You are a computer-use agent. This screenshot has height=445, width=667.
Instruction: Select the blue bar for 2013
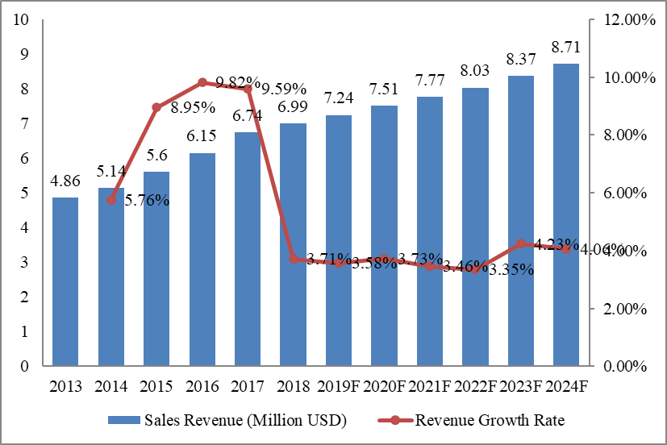click(65, 281)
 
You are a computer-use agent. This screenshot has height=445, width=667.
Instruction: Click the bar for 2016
click(202, 259)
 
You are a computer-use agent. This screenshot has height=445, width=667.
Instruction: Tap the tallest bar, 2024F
click(565, 214)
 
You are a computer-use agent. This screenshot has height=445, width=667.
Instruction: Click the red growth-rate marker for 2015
click(156, 107)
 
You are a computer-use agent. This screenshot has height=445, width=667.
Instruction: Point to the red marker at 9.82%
click(202, 82)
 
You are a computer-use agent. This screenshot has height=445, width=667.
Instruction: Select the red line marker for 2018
click(293, 259)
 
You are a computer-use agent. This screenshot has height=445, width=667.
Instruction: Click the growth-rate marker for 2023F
click(520, 243)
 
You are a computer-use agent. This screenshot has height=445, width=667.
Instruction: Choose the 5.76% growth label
click(147, 200)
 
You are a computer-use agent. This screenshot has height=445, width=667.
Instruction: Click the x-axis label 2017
click(248, 386)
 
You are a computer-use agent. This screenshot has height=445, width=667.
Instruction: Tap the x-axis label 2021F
click(429, 386)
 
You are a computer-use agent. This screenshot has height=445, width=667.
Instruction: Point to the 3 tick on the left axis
click(24, 262)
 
